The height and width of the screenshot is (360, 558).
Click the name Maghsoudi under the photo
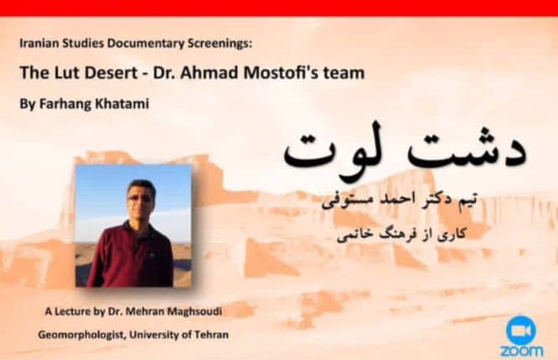[194, 311]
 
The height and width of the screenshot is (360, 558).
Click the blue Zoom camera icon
[520, 330]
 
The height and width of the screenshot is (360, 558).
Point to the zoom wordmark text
[522, 351]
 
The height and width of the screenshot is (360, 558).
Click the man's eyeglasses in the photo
[140, 198]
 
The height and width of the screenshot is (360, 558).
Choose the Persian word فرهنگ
[390, 234]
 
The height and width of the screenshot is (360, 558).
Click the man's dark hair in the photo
[142, 186]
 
